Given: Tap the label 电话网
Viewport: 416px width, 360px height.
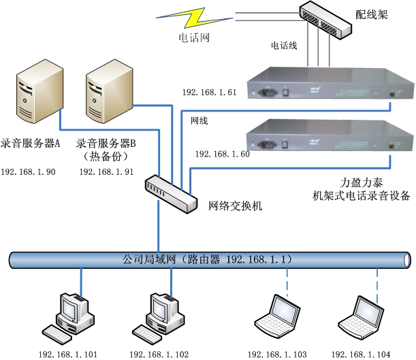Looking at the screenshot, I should [194, 38].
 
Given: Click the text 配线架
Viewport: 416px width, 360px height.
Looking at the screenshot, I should [372, 14].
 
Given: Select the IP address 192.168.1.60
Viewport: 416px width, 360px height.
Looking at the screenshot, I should [222, 154].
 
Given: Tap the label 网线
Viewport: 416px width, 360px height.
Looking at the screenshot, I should [199, 120].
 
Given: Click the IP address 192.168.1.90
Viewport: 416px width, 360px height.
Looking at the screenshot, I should [28, 172].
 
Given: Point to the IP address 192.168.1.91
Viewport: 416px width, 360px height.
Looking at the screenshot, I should [106, 172].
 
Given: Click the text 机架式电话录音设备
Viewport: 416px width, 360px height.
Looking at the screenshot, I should [357, 196].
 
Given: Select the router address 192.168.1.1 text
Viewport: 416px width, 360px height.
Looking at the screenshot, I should [259, 259].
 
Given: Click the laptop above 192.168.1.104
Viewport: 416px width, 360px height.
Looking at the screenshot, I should [360, 318].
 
